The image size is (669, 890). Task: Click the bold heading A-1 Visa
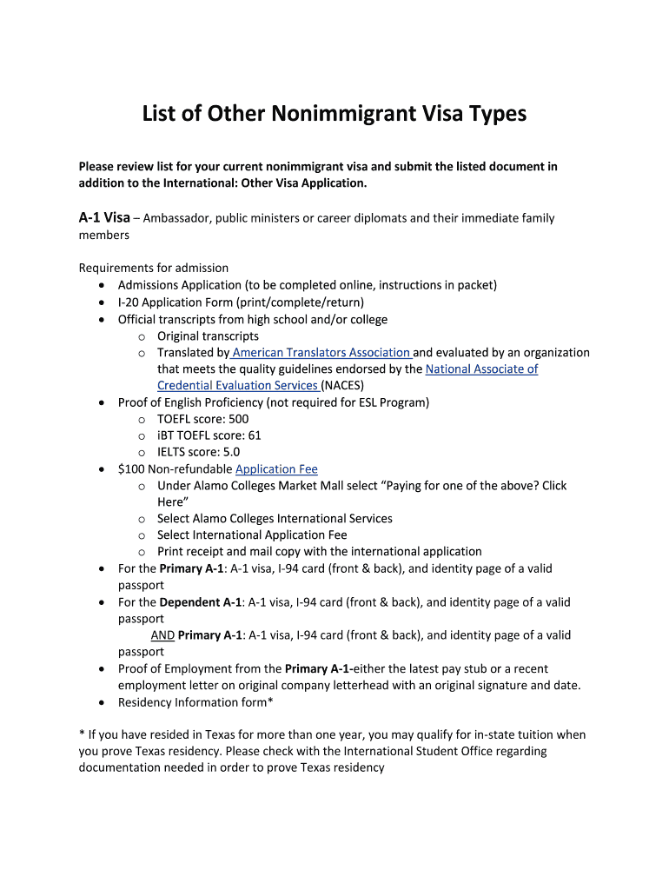104,217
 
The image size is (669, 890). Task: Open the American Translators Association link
321,352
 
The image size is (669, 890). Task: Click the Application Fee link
276,468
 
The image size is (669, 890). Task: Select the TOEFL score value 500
238,419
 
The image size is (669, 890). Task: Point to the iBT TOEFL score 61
254,435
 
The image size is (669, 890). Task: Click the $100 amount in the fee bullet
131,468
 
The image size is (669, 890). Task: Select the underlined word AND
162,635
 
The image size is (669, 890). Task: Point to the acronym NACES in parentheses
343,385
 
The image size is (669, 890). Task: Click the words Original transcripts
208,335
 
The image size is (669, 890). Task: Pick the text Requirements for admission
154,268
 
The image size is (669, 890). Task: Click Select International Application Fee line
252,535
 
